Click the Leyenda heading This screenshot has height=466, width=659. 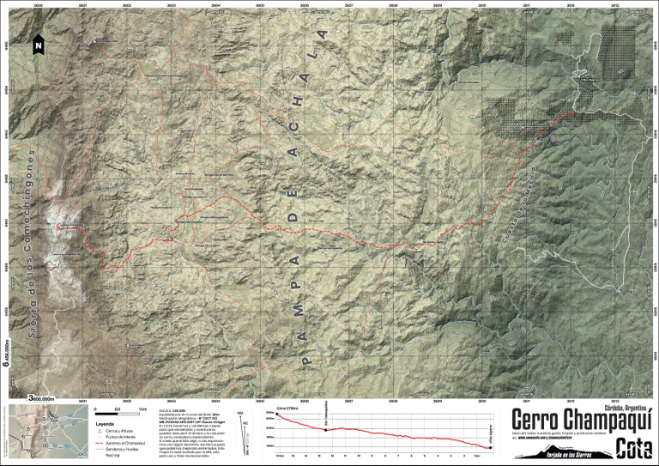pos(105,423)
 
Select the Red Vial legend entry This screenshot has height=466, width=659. pos(113,456)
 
